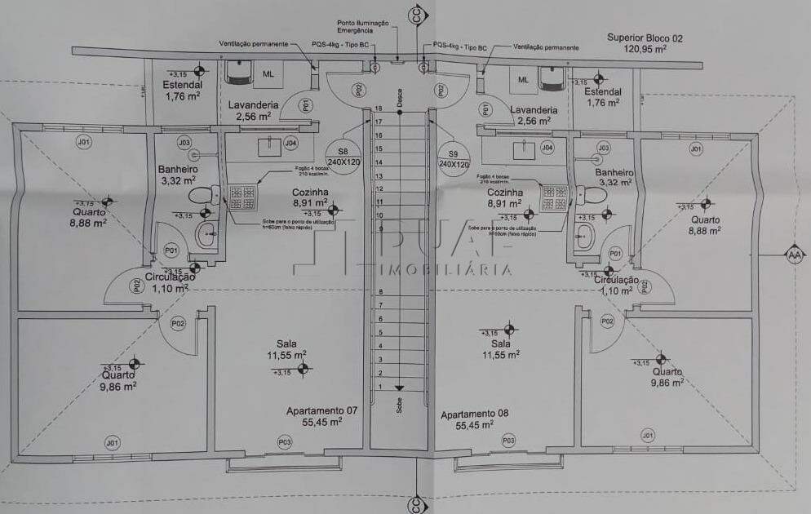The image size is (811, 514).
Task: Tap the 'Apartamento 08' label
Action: (475, 414)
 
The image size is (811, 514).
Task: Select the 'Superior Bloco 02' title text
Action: (644, 38)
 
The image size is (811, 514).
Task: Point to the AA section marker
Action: (792, 254)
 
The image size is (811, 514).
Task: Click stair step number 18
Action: (379, 109)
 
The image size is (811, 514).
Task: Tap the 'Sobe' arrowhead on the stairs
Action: (399, 388)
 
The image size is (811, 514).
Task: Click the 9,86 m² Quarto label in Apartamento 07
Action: (118, 380)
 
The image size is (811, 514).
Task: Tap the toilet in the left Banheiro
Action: (202, 196)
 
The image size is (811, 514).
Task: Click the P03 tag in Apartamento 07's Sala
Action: (285, 441)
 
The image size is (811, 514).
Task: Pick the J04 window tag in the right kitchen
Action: (547, 147)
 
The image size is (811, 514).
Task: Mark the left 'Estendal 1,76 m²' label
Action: (182, 90)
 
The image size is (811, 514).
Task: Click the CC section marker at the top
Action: (418, 16)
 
